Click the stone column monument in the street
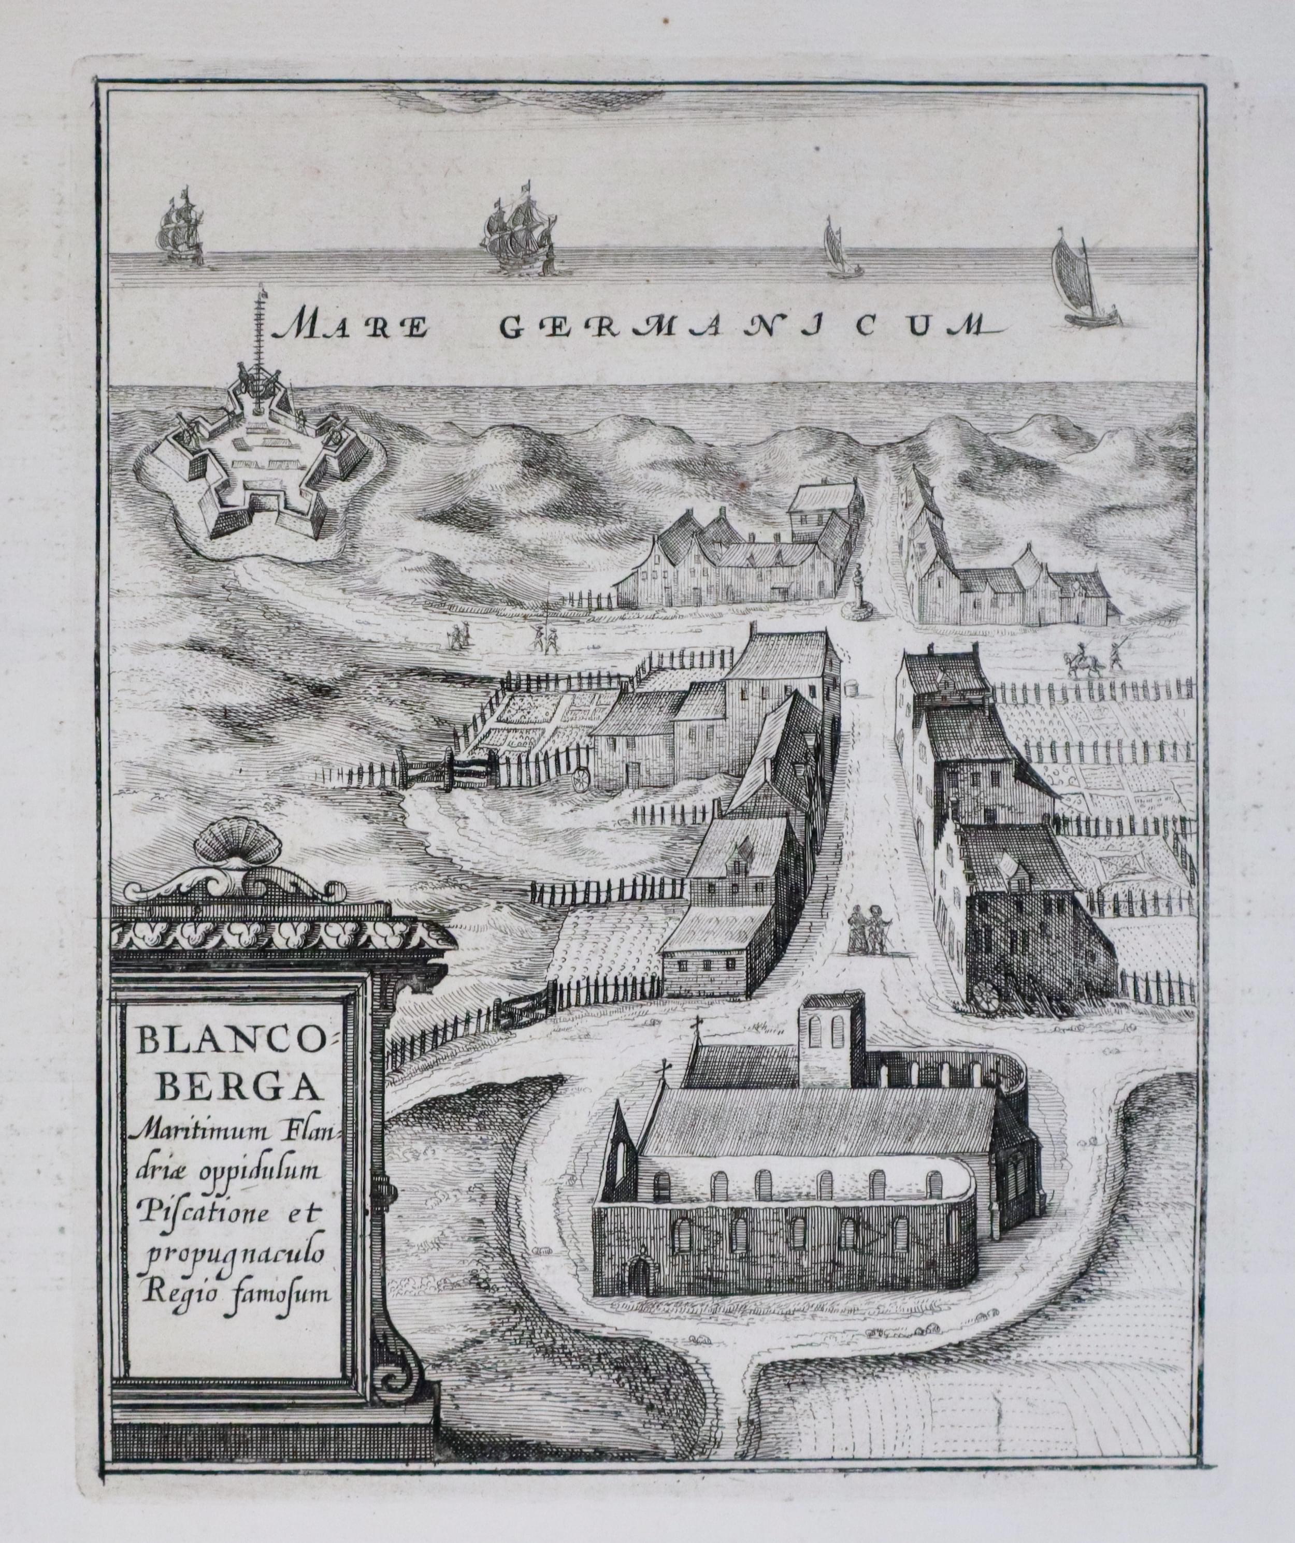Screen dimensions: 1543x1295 point(856,588)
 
